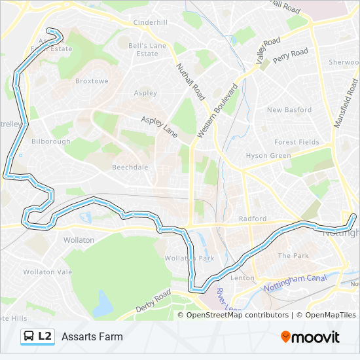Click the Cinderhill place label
click(x=151, y=22)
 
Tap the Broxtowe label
click(x=91, y=81)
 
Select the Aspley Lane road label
click(x=160, y=122)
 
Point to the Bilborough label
click(x=50, y=141)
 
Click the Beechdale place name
click(x=130, y=167)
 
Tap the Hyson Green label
click(x=268, y=156)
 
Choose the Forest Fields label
click(x=297, y=142)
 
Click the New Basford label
click(x=289, y=110)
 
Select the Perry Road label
click(x=290, y=56)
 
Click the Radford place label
click(x=253, y=219)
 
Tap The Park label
click(x=293, y=255)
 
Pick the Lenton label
click(x=242, y=278)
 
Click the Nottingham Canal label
click(x=295, y=283)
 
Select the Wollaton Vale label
click(x=47, y=272)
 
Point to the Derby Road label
click(x=153, y=300)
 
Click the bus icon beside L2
click(x=29, y=336)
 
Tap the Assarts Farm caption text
click(x=92, y=337)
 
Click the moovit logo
click(x=310, y=337)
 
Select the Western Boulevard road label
click(x=215, y=111)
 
